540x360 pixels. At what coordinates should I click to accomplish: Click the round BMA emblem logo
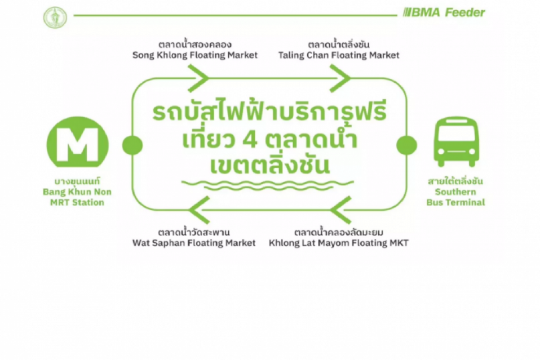click(55, 17)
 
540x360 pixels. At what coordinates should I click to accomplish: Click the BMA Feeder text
click(444, 13)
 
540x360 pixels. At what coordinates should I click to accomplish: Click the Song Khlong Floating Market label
click(195, 55)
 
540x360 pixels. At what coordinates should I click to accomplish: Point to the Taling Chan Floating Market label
click(339, 55)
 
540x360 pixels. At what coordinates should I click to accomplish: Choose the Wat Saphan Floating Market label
click(194, 243)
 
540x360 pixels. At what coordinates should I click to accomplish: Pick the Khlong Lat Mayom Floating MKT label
click(339, 243)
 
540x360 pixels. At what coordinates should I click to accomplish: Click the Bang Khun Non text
click(77, 192)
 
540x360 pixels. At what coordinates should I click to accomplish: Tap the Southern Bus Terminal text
click(455, 197)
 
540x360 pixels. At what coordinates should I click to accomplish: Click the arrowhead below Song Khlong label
click(198, 78)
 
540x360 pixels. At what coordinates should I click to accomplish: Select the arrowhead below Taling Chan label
click(340, 78)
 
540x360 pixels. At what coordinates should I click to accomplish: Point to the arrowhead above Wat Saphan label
click(200, 210)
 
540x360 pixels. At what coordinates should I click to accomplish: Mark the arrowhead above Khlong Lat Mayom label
click(340, 210)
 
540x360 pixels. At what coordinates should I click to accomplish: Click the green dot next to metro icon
click(132, 145)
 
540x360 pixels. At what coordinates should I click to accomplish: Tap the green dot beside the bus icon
click(407, 145)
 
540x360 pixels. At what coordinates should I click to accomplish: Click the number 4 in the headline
click(251, 139)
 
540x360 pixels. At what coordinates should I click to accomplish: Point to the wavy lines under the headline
click(268, 185)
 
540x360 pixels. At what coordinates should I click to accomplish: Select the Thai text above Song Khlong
click(195, 45)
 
